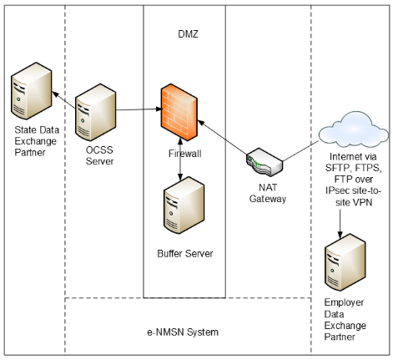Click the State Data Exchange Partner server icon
click(32, 91)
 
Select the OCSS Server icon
click(96, 112)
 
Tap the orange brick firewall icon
click(179, 112)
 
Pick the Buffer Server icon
click(184, 205)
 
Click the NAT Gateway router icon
click(265, 162)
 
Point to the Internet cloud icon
click(353, 130)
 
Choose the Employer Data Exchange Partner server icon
click(345, 262)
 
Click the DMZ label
click(188, 34)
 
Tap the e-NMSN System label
click(183, 332)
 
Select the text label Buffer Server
click(185, 253)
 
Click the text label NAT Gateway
click(268, 193)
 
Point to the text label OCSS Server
click(99, 155)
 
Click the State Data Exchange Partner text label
click(37, 141)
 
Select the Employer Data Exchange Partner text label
click(345, 319)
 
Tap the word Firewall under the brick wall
click(185, 154)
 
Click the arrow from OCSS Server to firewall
click(139, 109)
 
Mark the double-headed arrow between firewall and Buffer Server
click(180, 159)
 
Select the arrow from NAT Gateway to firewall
click(222, 137)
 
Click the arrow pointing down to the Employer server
click(340, 224)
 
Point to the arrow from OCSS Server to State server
click(63, 100)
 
